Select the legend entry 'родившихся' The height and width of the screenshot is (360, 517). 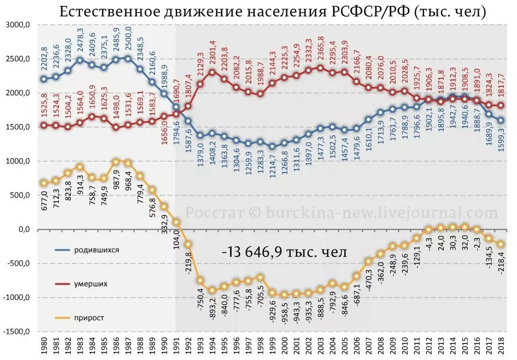click(x=97, y=250)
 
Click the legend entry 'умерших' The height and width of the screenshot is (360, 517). click(x=91, y=284)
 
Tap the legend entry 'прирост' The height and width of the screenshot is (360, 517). click(x=89, y=318)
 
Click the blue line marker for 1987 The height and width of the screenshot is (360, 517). click(x=128, y=58)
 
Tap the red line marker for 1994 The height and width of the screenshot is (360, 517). click(x=212, y=72)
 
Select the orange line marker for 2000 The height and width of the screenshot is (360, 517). click(x=285, y=295)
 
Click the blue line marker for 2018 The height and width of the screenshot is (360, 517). click(x=500, y=120)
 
